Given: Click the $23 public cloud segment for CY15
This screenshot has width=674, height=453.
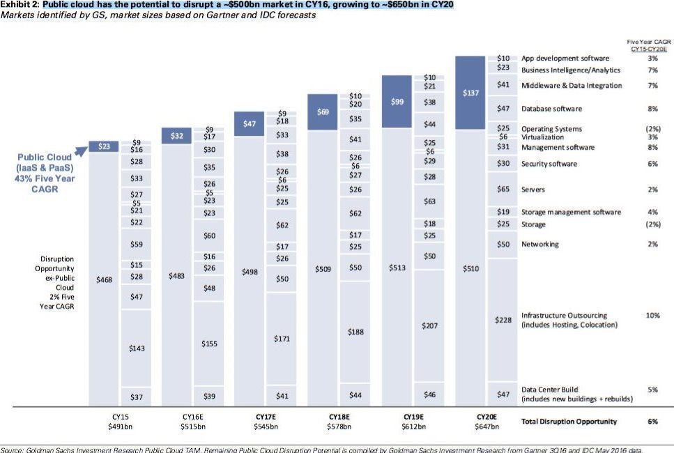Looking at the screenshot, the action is pos(103,146).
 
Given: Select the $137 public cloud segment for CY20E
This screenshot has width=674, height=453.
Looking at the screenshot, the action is pos(470,93).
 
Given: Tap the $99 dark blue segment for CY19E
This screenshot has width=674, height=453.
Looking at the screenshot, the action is pos(397,102).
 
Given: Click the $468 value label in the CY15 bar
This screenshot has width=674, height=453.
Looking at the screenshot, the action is pos(103,279).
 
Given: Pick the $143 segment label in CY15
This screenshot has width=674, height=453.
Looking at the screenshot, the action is pos(137,348).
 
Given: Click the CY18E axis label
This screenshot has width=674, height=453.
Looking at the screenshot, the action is pos(339,416).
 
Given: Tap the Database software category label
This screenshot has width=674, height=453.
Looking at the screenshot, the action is pos(551,109).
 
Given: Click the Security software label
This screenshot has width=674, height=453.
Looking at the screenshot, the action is pos(549,164).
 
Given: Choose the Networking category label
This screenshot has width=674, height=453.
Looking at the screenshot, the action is pos(539,245).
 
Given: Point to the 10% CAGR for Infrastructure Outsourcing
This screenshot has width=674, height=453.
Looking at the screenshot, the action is pos(652,316).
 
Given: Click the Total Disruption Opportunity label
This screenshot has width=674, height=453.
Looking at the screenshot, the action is pos(569,422).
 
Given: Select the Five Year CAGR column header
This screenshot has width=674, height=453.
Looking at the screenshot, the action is pos(648,46).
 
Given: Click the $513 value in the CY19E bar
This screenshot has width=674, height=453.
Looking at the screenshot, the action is pos(397,268).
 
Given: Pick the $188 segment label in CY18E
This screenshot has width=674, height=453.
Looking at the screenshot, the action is pos(355,332).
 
